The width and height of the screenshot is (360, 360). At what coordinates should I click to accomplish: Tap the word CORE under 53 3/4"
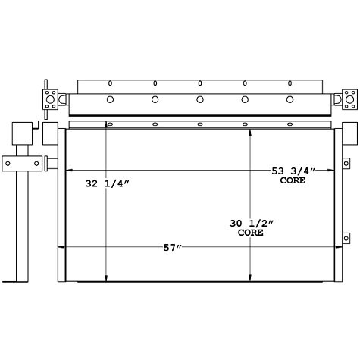(293, 180)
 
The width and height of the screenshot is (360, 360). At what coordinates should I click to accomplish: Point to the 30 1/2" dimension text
(250, 223)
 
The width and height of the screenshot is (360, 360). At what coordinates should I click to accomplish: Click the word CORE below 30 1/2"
(250, 233)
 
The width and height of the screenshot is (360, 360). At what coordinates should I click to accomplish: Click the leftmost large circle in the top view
(110, 99)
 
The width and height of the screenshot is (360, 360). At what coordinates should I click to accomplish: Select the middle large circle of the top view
(200, 99)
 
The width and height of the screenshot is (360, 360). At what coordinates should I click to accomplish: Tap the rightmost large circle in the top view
(290, 99)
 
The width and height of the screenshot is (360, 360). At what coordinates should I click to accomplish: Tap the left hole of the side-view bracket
(8, 161)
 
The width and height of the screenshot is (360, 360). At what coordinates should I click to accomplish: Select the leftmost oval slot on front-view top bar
(110, 124)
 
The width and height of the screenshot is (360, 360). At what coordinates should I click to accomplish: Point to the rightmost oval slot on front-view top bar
(290, 124)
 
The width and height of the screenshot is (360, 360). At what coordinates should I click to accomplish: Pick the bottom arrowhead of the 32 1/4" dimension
(106, 277)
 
